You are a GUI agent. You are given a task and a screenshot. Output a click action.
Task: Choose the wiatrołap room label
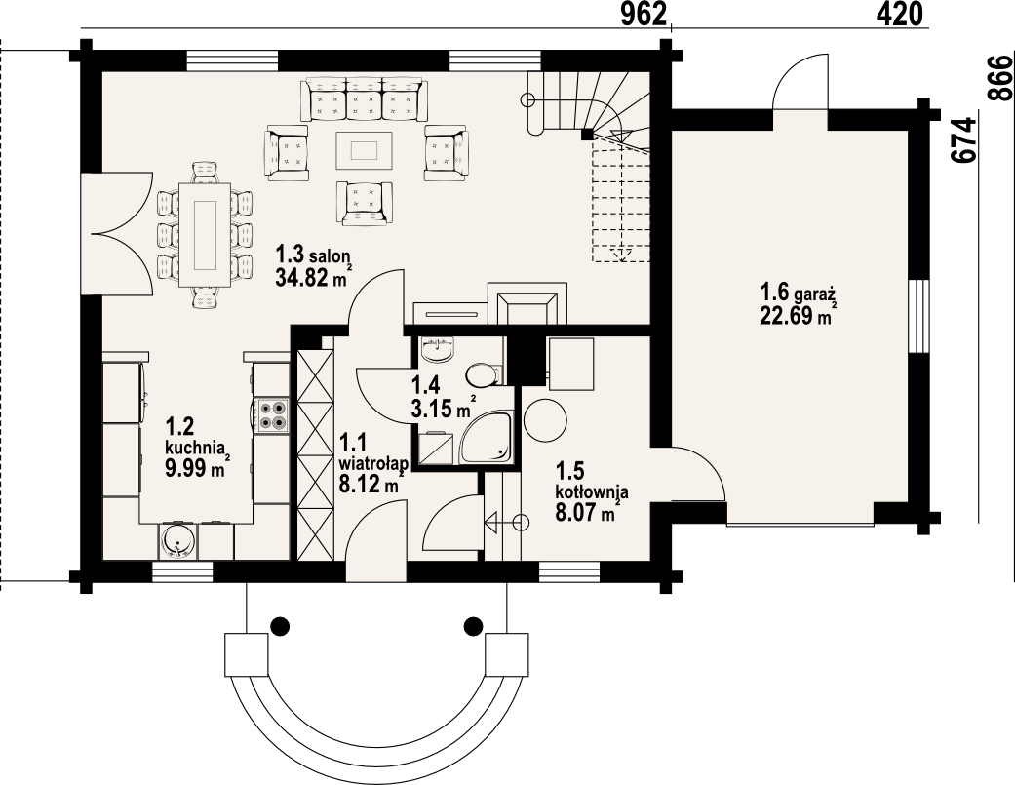372,463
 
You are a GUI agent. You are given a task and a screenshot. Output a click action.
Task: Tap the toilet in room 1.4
483,374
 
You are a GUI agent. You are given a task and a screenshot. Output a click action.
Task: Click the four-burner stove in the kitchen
272,415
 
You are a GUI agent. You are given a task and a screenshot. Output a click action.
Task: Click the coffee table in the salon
365,151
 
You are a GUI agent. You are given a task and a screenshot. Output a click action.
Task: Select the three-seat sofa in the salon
365,99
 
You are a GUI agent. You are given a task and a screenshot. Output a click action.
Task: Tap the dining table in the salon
206,234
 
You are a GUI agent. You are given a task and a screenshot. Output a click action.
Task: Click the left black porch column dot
280,625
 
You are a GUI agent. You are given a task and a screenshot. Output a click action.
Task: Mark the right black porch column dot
474,625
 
